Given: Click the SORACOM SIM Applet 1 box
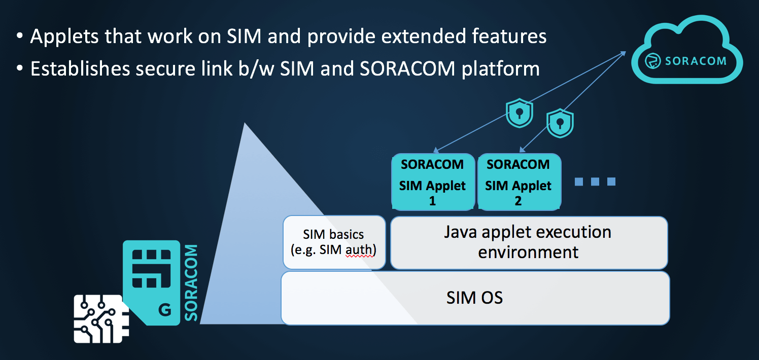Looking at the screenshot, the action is [x=433, y=182].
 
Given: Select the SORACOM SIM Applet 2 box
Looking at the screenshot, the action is [x=519, y=182].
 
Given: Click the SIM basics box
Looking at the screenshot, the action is [x=334, y=242].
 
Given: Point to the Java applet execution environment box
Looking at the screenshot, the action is [x=529, y=242].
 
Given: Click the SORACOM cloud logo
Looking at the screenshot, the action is [x=686, y=50].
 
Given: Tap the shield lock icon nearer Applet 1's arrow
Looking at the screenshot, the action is [x=519, y=113].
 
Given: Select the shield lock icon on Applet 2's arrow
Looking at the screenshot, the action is [x=560, y=123].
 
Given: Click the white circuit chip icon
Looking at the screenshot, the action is [x=101, y=319].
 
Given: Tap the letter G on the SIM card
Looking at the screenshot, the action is [x=165, y=310].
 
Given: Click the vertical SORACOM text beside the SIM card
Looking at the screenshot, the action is [x=191, y=282].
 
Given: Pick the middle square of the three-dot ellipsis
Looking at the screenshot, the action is [x=595, y=182].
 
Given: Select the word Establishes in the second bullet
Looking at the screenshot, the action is [x=80, y=68].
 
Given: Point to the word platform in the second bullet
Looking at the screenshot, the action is [x=500, y=69].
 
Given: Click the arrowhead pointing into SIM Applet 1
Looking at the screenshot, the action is [x=436, y=150].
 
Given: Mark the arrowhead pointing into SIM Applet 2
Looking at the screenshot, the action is [x=522, y=150].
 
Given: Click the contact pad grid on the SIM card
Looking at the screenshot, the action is [x=151, y=269].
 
